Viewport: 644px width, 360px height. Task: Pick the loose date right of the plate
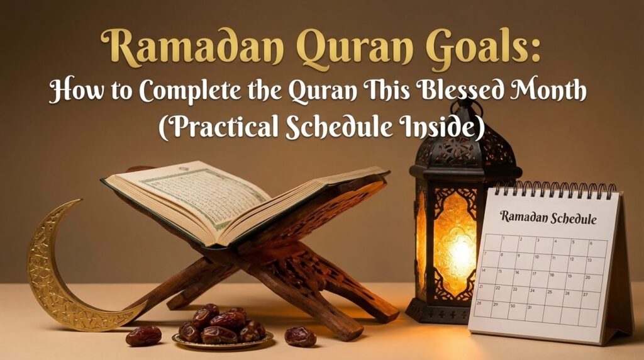(x=300, y=336)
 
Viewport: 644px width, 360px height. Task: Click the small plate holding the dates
(x=223, y=340)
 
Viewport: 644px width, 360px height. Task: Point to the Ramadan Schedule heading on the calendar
(x=548, y=218)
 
